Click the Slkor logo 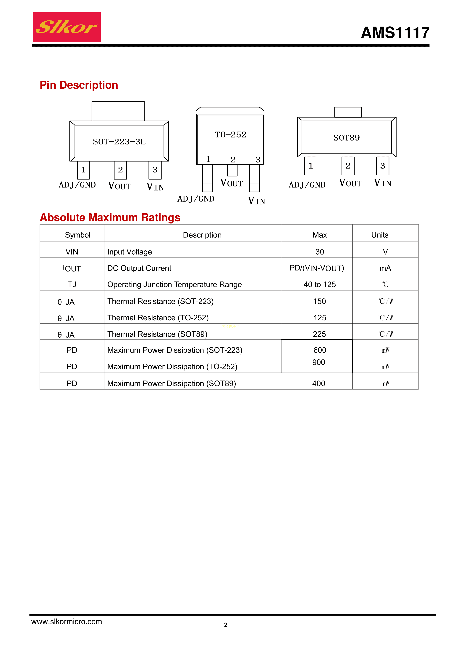pyautogui.click(x=67, y=27)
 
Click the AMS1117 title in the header pyautogui.click(x=395, y=33)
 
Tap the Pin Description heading pyautogui.click(x=79, y=85)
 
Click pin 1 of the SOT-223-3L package pyautogui.click(x=83, y=170)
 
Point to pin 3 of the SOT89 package pyautogui.click(x=382, y=166)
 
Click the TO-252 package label pyautogui.click(x=230, y=135)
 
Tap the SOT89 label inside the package pyautogui.click(x=346, y=138)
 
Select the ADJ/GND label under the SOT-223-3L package pyautogui.click(x=77, y=185)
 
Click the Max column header pyautogui.click(x=320, y=235)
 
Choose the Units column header pyautogui.click(x=379, y=235)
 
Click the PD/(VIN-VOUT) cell pyautogui.click(x=317, y=268)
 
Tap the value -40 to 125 pyautogui.click(x=318, y=284)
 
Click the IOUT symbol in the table pyautogui.click(x=72, y=268)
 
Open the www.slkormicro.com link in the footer pyautogui.click(x=67, y=621)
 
